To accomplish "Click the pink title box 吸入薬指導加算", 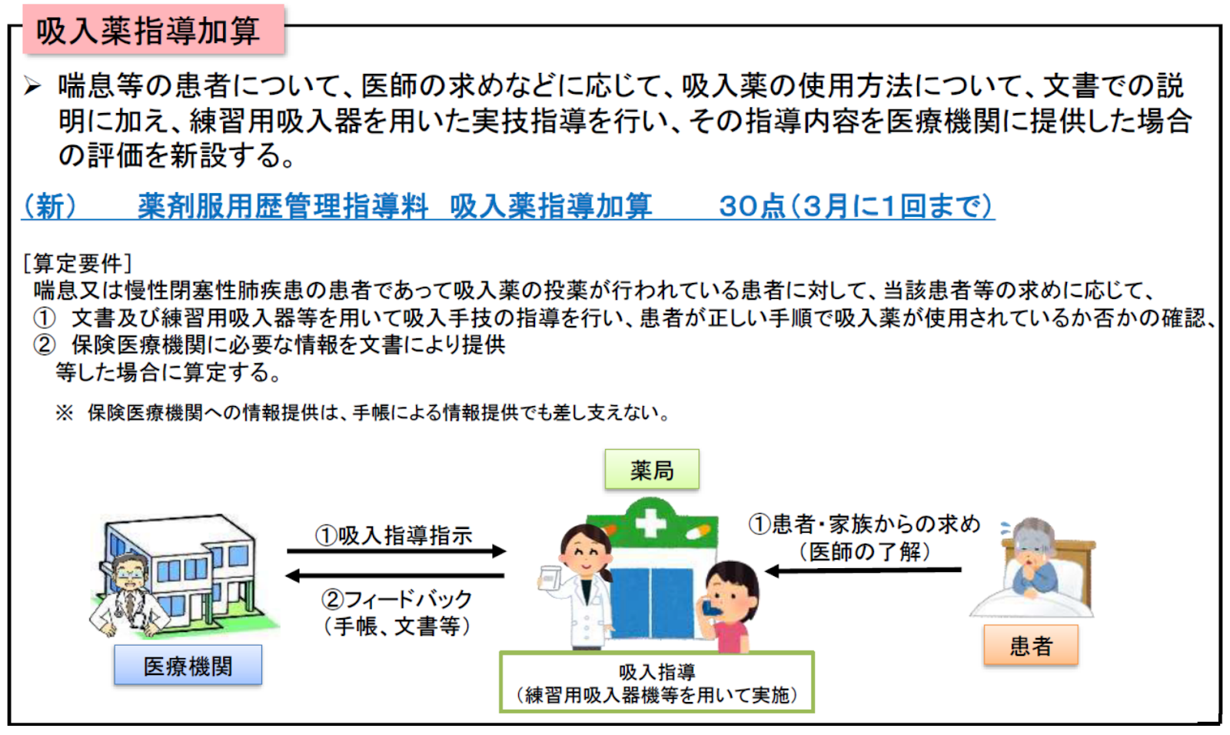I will [x=152, y=29].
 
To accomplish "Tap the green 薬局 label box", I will [x=651, y=470].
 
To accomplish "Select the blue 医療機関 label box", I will [x=188, y=666].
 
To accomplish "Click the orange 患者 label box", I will [x=1030, y=645].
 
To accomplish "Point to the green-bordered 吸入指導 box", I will [x=657, y=683].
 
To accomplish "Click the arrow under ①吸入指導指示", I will [x=396, y=550].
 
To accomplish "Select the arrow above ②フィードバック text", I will [x=396, y=575].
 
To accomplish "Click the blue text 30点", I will [x=751, y=206].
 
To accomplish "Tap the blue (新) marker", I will [x=50, y=206].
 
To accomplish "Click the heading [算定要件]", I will [x=78, y=264].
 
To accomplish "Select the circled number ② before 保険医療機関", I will [x=45, y=344].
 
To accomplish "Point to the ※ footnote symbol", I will [x=65, y=413].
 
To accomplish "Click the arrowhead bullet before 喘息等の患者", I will [x=32, y=85].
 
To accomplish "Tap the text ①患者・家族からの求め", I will [x=864, y=524].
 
